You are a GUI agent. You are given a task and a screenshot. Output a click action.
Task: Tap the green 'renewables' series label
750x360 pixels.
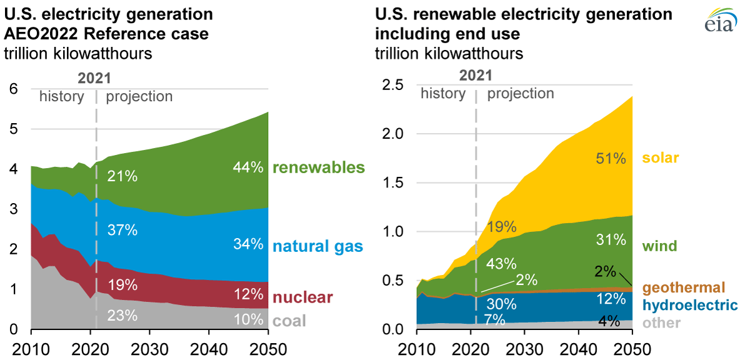click(319, 167)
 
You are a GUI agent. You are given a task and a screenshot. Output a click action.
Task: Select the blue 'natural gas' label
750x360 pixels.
click(317, 246)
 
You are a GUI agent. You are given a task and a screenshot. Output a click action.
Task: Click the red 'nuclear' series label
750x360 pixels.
click(303, 297)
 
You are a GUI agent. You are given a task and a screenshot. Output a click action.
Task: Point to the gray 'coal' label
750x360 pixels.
click(289, 321)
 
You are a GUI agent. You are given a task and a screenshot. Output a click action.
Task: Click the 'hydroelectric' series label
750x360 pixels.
click(690, 305)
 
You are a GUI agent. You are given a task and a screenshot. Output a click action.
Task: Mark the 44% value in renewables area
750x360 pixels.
click(247, 167)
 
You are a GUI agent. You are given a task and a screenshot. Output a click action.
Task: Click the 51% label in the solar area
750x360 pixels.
click(610, 159)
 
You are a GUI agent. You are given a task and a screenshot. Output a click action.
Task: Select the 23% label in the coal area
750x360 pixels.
click(122, 316)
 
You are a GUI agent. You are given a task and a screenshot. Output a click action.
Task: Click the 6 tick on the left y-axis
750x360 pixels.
click(14, 89)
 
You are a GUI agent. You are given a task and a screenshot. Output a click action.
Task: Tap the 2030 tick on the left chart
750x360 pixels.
click(147, 348)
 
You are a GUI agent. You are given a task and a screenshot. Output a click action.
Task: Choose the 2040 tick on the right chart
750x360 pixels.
click(579, 348)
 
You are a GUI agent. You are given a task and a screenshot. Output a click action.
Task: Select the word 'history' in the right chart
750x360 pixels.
click(442, 94)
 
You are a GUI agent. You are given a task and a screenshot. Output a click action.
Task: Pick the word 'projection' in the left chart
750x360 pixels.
click(139, 97)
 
